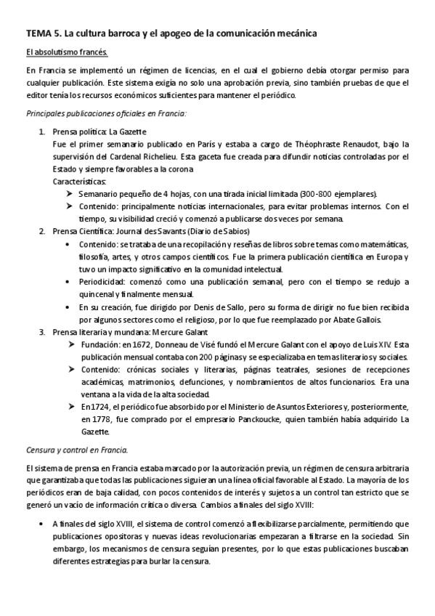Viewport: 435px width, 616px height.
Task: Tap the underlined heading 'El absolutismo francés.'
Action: [66, 52]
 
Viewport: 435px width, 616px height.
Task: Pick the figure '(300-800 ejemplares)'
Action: [336, 194]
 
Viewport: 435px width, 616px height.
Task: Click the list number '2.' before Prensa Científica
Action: [42, 231]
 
